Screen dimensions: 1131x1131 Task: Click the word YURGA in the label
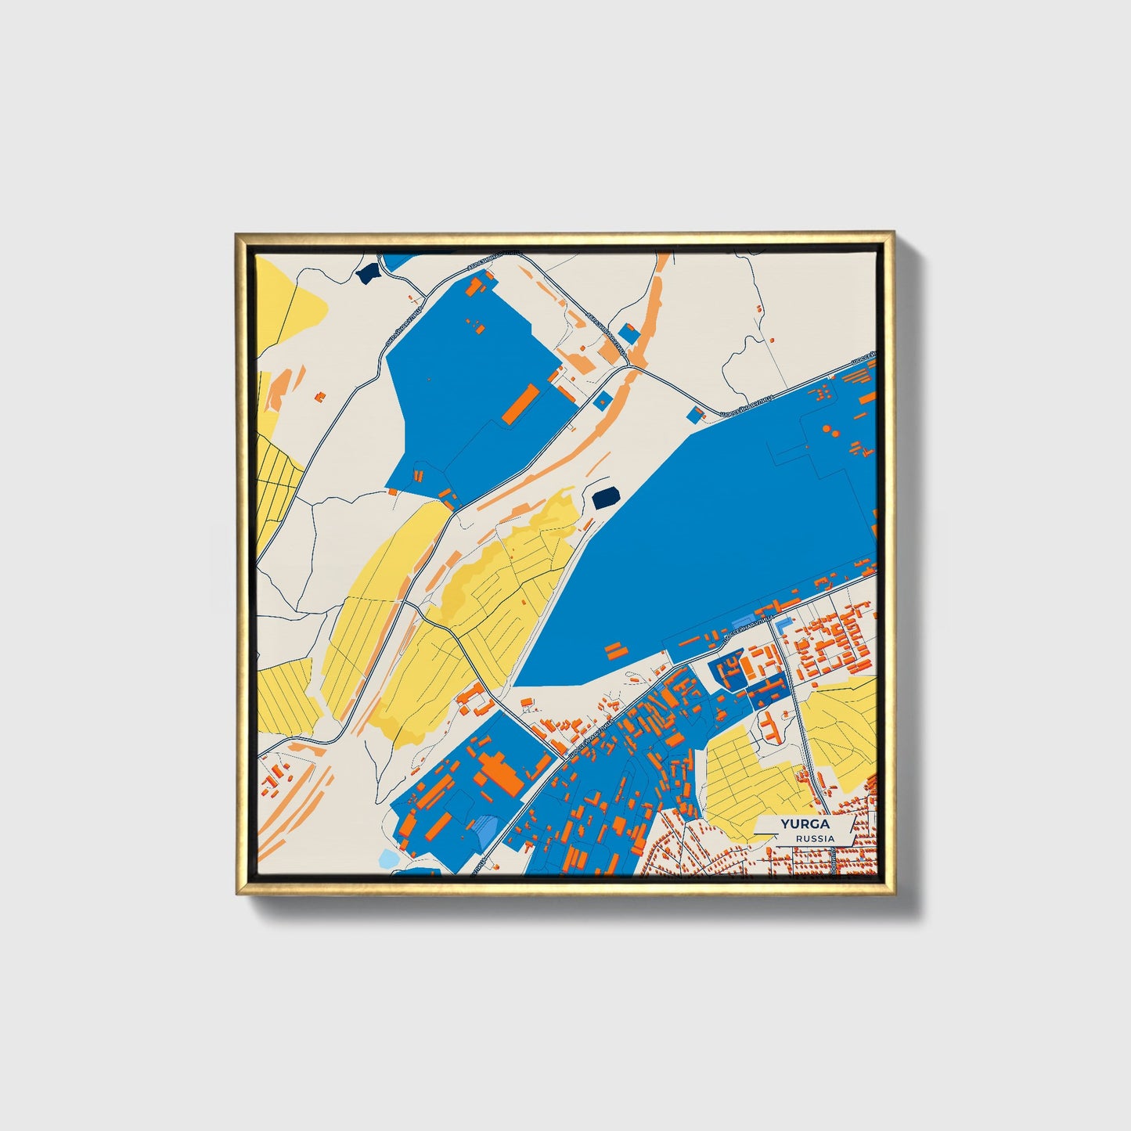tap(804, 824)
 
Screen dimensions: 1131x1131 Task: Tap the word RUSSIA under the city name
tap(814, 838)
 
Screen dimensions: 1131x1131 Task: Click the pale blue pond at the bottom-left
tap(388, 859)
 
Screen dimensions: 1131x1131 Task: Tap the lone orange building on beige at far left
tap(319, 398)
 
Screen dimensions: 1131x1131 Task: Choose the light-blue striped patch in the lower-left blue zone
tap(485, 827)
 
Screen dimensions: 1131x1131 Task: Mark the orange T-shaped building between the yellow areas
tap(770, 725)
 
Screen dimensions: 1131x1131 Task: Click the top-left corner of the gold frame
tap(237, 233)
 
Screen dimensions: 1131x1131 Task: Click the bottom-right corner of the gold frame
tap(893, 893)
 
